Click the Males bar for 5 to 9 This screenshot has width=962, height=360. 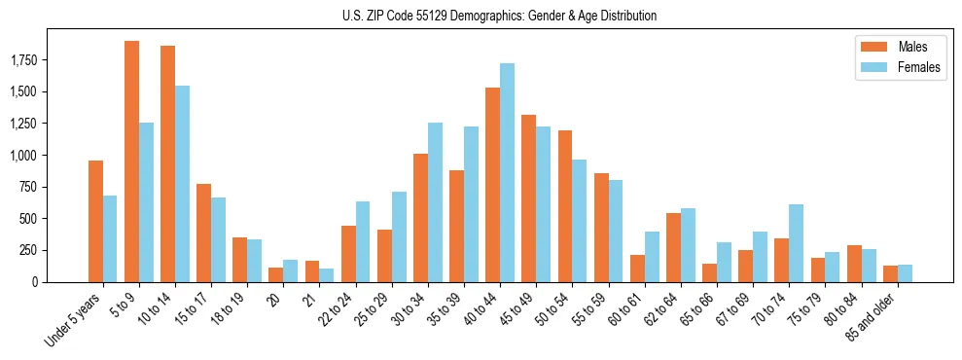[131, 162]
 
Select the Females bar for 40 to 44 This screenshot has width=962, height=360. [507, 172]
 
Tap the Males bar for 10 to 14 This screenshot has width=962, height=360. [167, 163]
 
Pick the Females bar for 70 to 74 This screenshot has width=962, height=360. [796, 243]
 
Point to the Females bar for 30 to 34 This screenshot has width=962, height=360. [435, 202]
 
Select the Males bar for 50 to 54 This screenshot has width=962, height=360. [564, 206]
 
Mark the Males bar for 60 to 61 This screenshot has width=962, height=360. [637, 269]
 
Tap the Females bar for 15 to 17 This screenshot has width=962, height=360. [218, 239]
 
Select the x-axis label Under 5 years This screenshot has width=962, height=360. [74, 321]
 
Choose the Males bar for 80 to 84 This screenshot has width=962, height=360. [853, 264]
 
